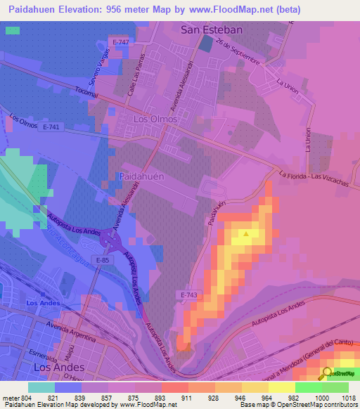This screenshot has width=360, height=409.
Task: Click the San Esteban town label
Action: (212, 30)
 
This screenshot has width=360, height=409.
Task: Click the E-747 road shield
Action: (120, 43)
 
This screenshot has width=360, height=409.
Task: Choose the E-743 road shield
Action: (188, 296)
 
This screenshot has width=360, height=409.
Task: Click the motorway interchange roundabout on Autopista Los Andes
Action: (111, 241)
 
